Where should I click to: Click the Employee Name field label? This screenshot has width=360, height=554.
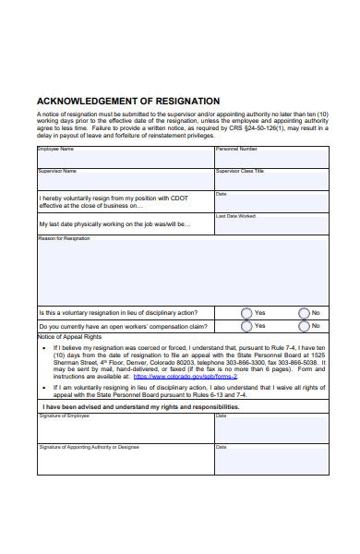tap(55, 149)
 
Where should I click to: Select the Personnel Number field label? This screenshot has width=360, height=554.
tap(236, 149)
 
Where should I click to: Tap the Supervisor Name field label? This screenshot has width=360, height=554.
tap(57, 171)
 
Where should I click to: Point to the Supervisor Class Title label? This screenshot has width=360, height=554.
tap(240, 171)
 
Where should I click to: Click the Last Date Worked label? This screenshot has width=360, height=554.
tap(235, 216)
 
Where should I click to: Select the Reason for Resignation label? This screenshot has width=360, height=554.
tap(64, 238)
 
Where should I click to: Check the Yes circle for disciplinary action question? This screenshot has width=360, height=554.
tap(246, 312)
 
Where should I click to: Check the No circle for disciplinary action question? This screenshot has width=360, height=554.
tap(304, 312)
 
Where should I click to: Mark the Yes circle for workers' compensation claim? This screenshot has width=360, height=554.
tap(246, 326)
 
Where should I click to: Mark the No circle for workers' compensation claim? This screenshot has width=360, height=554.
tap(304, 326)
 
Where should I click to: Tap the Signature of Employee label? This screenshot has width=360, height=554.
tap(65, 415)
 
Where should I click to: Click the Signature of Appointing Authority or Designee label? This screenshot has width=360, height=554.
tap(89, 447)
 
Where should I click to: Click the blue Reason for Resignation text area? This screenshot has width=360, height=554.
tap(182, 272)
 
